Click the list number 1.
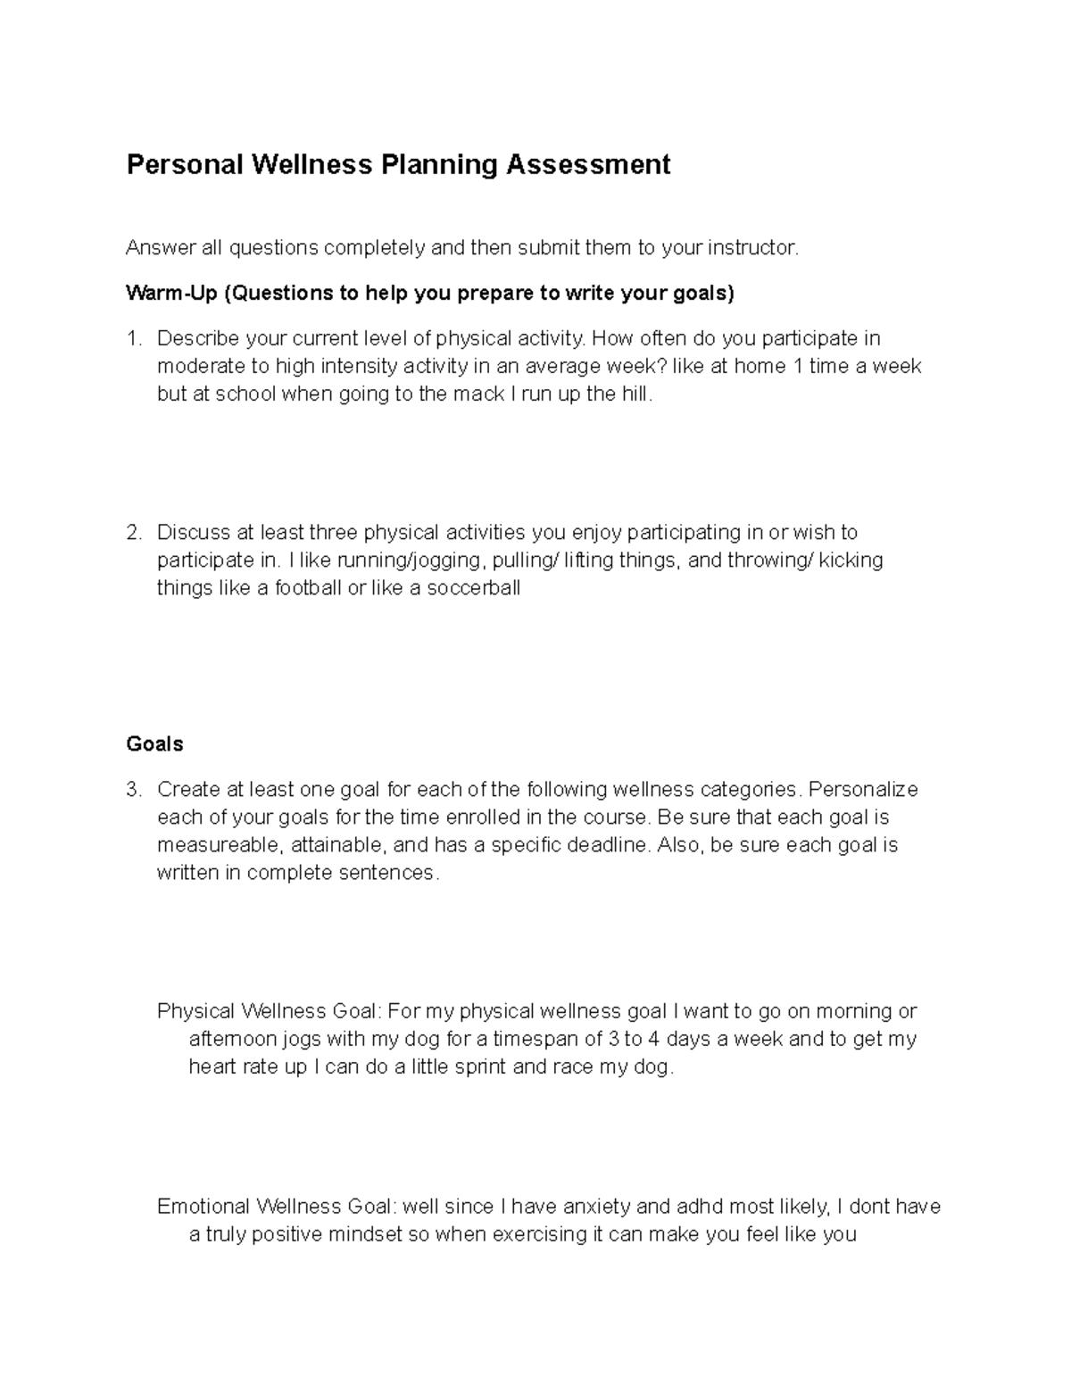coord(133,338)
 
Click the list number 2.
coord(133,533)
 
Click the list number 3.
coord(133,790)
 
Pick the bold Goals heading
coord(154,744)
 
